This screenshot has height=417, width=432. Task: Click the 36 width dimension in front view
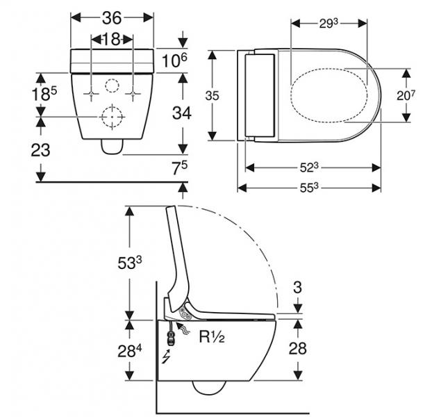pyautogui.click(x=113, y=17)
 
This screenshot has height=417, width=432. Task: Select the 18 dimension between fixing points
pyautogui.click(x=113, y=40)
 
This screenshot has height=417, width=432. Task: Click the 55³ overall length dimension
pyautogui.click(x=310, y=187)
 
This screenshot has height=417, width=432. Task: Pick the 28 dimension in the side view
pyautogui.click(x=297, y=347)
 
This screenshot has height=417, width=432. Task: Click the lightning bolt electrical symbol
pyautogui.click(x=164, y=358)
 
